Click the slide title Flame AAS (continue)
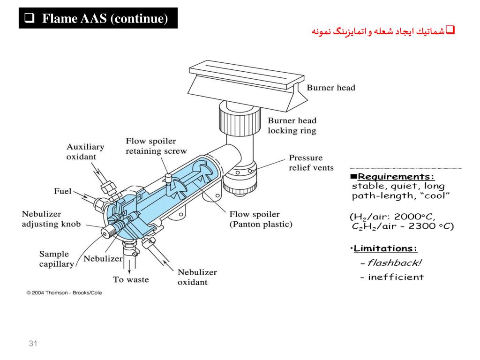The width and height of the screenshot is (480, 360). click(x=104, y=19)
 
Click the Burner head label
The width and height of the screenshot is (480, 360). click(x=330, y=88)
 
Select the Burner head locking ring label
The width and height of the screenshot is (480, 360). click(x=292, y=126)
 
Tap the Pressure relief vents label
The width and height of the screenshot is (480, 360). click(x=311, y=163)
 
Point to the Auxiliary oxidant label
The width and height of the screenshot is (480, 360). click(x=85, y=151)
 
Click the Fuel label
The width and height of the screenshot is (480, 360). click(x=63, y=191)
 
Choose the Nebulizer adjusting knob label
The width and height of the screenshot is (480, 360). click(x=51, y=219)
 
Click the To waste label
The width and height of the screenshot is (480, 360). click(x=131, y=280)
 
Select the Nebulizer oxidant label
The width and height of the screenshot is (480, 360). click(x=197, y=277)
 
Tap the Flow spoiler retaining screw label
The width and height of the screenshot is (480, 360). click(x=156, y=146)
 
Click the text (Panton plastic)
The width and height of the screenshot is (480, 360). click(x=261, y=224)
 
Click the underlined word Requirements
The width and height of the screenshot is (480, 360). click(x=396, y=177)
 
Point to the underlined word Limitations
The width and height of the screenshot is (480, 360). click(x=385, y=248)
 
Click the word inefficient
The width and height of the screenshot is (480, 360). click(x=396, y=277)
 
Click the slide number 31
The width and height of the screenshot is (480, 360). click(x=33, y=344)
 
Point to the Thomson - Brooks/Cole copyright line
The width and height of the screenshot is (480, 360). click(x=64, y=293)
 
